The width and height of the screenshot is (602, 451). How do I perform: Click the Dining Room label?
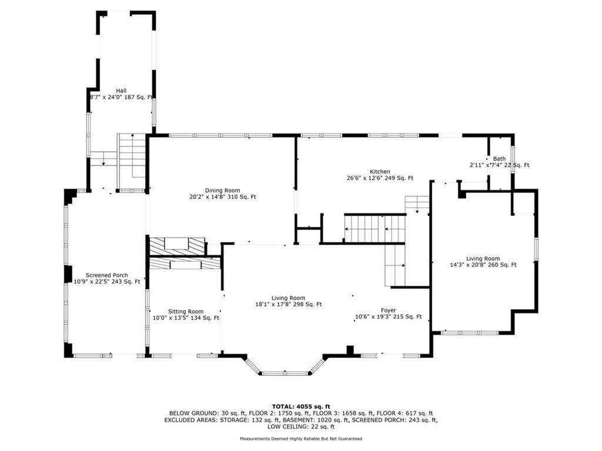pyautogui.click(x=222, y=191)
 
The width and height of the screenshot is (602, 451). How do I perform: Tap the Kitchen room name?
pyautogui.click(x=380, y=172)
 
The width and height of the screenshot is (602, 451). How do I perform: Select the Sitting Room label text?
pyautogui.click(x=186, y=311)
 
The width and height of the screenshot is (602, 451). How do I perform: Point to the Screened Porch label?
pyautogui.click(x=107, y=275)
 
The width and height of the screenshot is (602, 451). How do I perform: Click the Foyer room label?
pyautogui.click(x=388, y=310)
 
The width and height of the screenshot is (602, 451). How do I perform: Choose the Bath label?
pyautogui.click(x=499, y=159)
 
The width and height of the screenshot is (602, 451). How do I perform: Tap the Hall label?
pyautogui.click(x=121, y=91)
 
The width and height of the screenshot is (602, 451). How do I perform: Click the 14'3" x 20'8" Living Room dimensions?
pyautogui.click(x=483, y=265)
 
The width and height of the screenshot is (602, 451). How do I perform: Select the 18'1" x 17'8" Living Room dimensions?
pyautogui.click(x=288, y=305)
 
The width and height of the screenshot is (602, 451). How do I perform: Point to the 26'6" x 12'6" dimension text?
pyautogui.click(x=380, y=178)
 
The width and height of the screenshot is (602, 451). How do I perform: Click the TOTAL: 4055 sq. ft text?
pyautogui.click(x=301, y=406)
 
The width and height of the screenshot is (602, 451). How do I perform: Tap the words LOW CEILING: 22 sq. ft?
pyautogui.click(x=301, y=426)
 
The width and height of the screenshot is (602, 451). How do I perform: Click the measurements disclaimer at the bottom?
pyautogui.click(x=301, y=438)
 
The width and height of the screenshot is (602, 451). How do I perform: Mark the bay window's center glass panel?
pyautogui.click(x=285, y=373)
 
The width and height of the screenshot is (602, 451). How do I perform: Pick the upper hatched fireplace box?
pyautogui.click(x=178, y=247)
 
